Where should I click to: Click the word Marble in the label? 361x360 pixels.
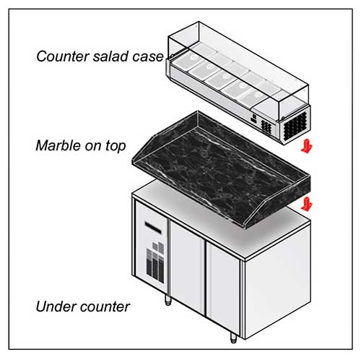click(x=58, y=145)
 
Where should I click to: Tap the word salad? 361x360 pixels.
click(x=110, y=56)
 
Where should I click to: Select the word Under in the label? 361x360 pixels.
click(x=56, y=307)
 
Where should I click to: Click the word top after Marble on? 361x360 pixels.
click(x=116, y=147)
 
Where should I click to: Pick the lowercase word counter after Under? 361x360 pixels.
click(x=105, y=307)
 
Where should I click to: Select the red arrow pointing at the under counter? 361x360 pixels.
click(x=307, y=204)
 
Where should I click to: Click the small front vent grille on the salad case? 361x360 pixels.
click(x=266, y=127)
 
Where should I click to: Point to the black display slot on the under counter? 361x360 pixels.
click(x=153, y=227)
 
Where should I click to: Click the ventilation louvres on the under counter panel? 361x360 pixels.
click(x=155, y=262)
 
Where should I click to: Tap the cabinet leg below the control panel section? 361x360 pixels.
click(x=168, y=299)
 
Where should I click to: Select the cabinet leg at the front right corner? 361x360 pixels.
click(x=233, y=338)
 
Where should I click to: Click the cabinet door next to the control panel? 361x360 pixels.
click(x=187, y=267)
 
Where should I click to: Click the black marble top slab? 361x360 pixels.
click(x=220, y=169)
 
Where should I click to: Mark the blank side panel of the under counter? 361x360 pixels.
click(x=277, y=281)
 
